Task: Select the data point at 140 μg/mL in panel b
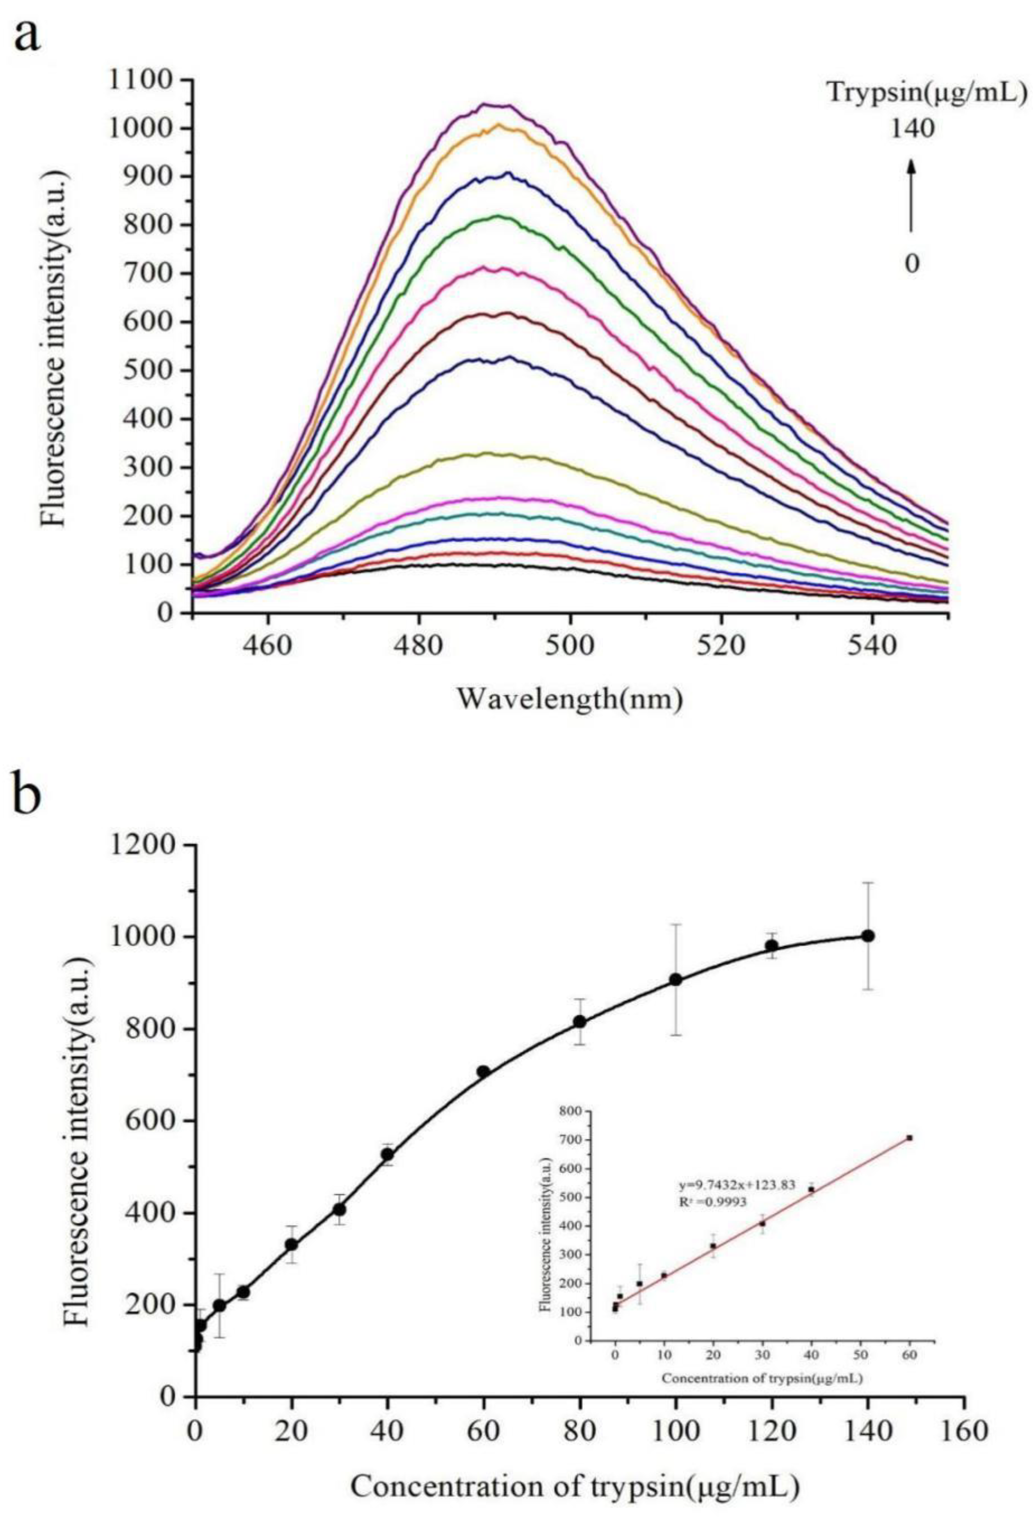(867, 936)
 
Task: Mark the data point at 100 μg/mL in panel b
(675, 979)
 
